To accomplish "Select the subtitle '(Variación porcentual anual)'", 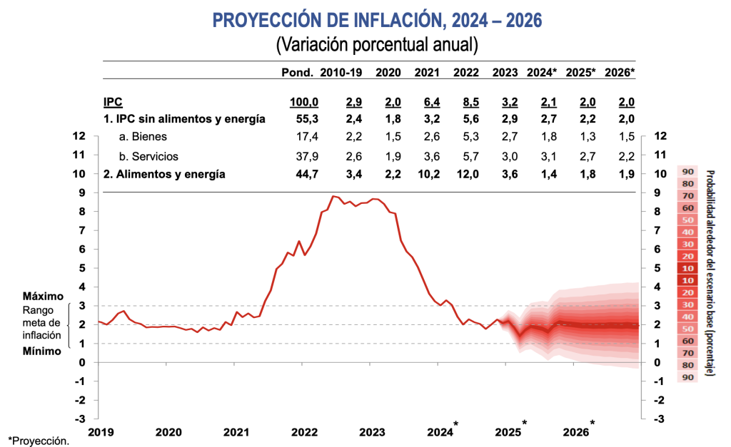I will (376, 46).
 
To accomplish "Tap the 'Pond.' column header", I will (298, 72).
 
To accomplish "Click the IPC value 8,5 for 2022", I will (465, 102).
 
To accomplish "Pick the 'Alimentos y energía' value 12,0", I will (465, 173).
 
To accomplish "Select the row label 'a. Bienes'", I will (144, 136).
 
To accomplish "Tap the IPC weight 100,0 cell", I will (304, 102).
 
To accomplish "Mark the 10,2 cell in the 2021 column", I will (427, 173).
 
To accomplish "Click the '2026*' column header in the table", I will (620, 72).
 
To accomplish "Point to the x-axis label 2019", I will (102, 432).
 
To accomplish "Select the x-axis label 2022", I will (304, 432).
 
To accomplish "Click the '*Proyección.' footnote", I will (39, 441).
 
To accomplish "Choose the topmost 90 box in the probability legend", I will (688, 172).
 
